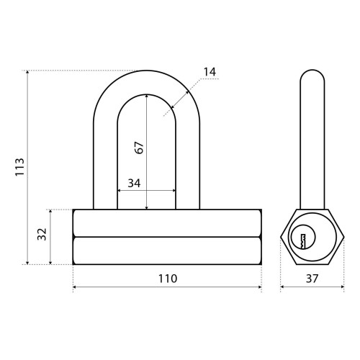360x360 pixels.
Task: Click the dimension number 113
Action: pyautogui.click(x=20, y=167)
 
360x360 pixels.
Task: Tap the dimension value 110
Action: pyautogui.click(x=168, y=279)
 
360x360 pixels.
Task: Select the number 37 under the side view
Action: pyautogui.click(x=312, y=279)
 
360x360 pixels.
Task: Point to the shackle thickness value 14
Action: pyautogui.click(x=210, y=72)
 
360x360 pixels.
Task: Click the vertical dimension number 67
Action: pyautogui.click(x=139, y=148)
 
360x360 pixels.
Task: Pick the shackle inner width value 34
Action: pyautogui.click(x=134, y=183)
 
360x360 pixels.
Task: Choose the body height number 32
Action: pyautogui.click(x=42, y=234)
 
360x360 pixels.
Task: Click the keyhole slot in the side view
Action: pyautogui.click(x=302, y=240)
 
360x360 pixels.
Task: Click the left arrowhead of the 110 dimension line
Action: pyautogui.click(x=74, y=287)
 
